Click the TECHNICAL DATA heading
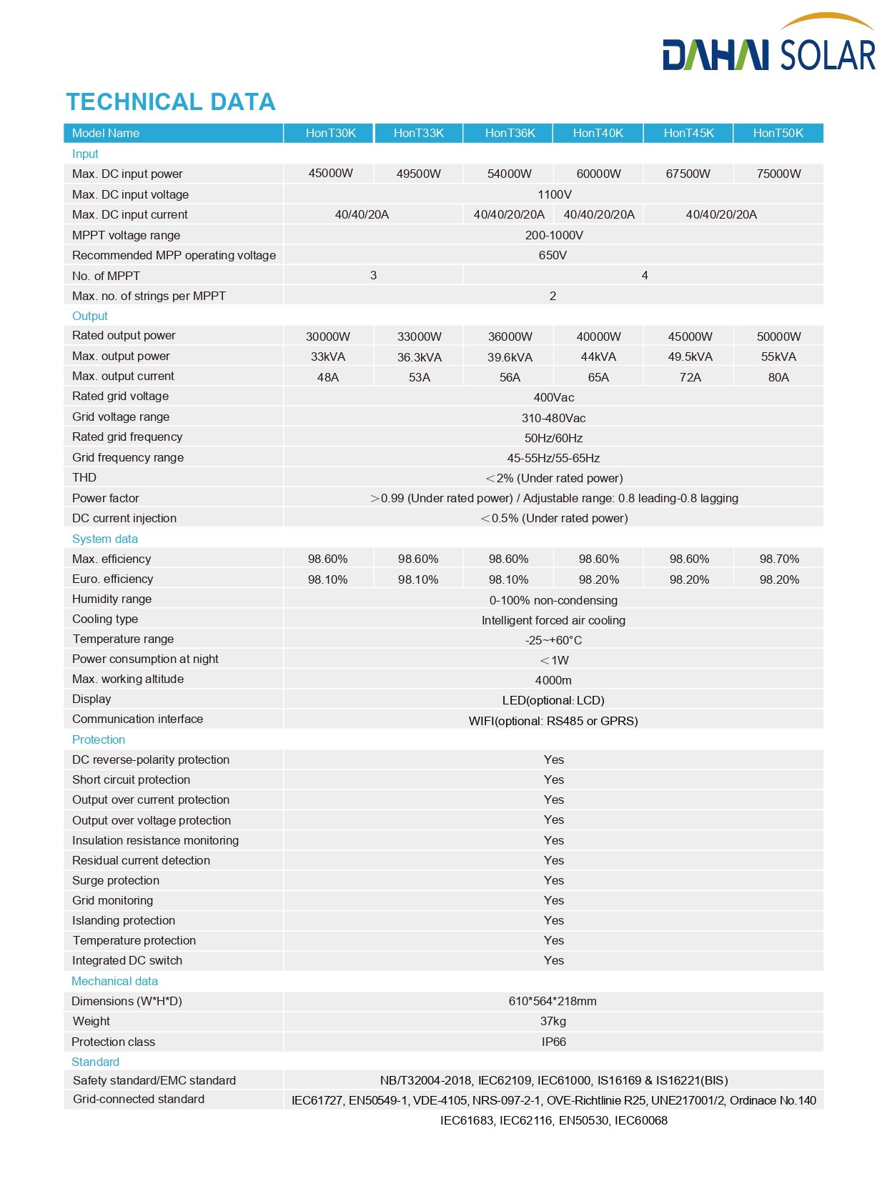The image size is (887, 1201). tap(171, 102)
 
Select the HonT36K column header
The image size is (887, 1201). tap(510, 133)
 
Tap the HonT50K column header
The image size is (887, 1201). tap(778, 133)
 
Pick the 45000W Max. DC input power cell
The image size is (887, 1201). tap(330, 173)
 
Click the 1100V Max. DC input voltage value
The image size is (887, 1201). tap(554, 194)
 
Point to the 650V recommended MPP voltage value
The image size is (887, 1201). tap(552, 255)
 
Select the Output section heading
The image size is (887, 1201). tap(89, 316)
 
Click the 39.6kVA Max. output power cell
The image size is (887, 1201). tap(510, 357)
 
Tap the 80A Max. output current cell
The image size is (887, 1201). tap(778, 377)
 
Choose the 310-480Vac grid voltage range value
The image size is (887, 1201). tap(553, 418)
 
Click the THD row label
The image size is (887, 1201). tap(84, 477)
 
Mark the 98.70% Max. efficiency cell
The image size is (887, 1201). tap(779, 559)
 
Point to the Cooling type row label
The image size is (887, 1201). tap(105, 619)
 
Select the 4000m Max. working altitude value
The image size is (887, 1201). tap(553, 680)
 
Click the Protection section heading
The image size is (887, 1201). tap(99, 739)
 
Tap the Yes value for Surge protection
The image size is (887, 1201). tap(553, 880)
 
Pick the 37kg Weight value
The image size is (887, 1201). tap(553, 1021)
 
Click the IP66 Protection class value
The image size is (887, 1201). tap(553, 1042)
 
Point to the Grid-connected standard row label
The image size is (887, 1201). tap(139, 1099)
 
